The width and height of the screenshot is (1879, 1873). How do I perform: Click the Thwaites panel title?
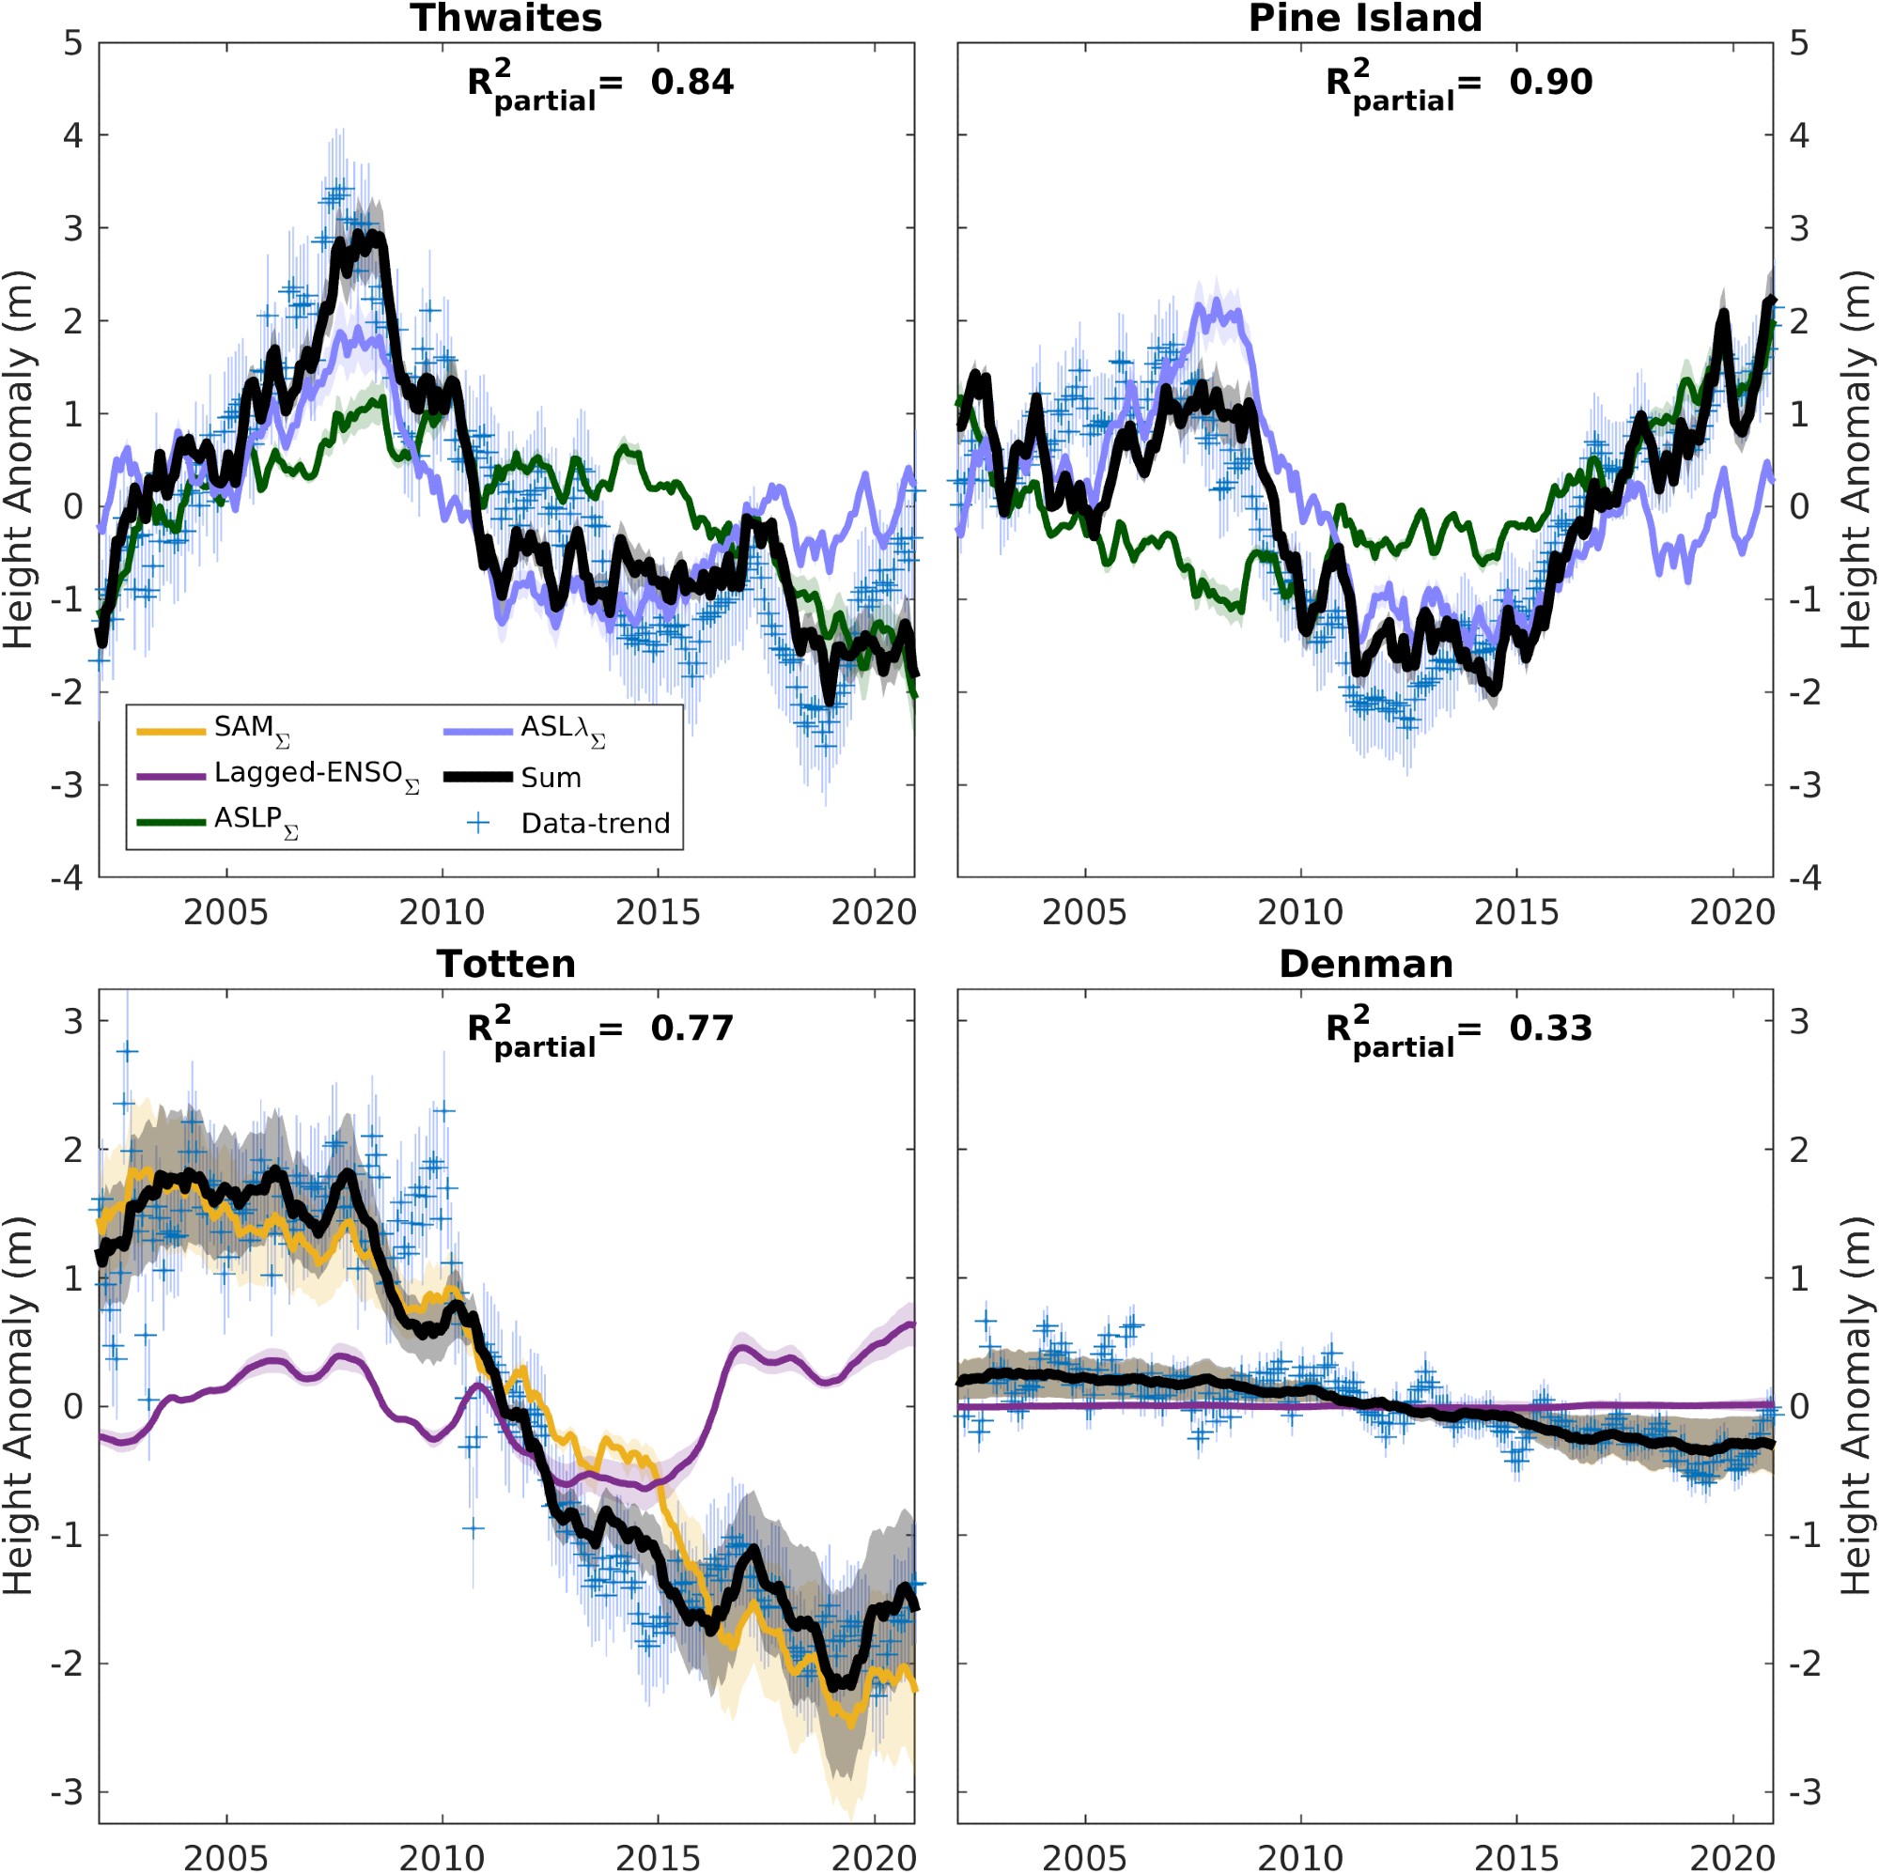505,19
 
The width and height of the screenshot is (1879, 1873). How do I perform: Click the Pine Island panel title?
1364,19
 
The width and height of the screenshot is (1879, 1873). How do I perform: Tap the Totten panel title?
505,964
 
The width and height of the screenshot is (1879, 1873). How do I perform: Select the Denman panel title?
1364,964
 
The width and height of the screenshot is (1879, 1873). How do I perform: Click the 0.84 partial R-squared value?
691,82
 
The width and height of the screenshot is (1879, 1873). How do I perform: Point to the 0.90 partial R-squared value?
1550,82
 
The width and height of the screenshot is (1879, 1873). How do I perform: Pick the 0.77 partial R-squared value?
691,1028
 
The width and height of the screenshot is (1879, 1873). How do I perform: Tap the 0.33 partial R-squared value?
1550,1028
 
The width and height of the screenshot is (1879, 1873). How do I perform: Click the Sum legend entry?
551,778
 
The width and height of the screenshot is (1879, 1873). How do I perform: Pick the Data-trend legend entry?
596,824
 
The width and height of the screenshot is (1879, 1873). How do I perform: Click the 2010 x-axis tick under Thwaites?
442,912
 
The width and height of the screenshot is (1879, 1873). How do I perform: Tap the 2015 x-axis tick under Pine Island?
1516,912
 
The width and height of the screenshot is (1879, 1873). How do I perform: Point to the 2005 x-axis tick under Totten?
225,1858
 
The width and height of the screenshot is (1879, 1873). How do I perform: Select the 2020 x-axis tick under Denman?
1731,1858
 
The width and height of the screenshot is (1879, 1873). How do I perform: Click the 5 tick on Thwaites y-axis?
73,44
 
